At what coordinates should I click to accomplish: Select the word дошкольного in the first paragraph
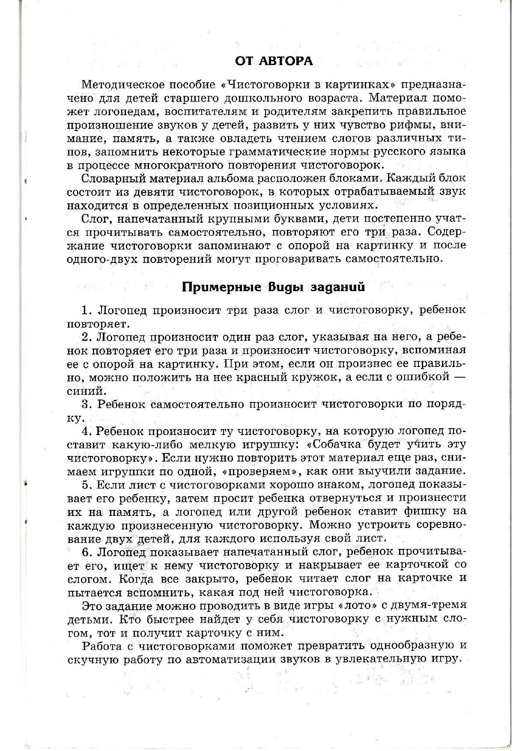click(263, 98)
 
